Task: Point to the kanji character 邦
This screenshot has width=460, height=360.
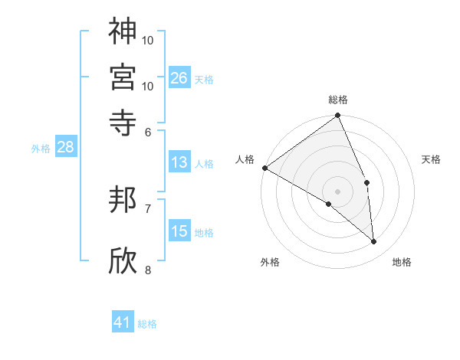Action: tap(123, 201)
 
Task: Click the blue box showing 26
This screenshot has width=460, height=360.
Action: tap(179, 78)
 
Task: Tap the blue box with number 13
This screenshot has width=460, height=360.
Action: tap(179, 162)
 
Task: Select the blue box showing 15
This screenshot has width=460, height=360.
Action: tap(179, 231)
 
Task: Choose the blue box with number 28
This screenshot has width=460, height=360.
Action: tap(65, 147)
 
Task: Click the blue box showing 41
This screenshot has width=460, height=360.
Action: tap(123, 322)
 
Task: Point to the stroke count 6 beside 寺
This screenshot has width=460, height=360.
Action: tap(148, 131)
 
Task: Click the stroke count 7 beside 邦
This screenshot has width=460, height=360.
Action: tap(148, 208)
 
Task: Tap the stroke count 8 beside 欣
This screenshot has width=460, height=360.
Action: tap(148, 270)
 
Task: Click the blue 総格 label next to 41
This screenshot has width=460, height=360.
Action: tap(147, 324)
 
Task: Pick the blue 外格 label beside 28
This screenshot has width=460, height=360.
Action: tap(41, 149)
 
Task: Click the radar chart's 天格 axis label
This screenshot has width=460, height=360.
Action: tap(432, 159)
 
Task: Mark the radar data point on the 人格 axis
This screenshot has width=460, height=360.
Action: tap(264, 168)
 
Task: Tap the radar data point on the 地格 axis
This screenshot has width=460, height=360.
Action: tap(373, 242)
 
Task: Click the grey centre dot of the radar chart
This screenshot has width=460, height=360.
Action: tap(337, 191)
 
